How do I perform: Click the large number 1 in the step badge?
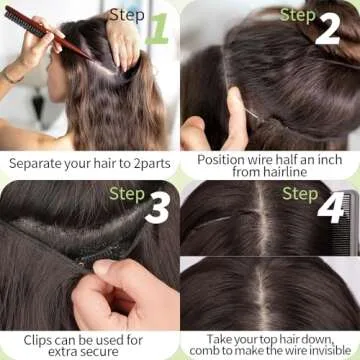[x=157, y=30]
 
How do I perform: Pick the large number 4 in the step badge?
[x=330, y=209]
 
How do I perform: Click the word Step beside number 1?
[x=127, y=14]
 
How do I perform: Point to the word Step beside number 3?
[x=127, y=193]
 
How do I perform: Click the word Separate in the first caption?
[x=35, y=160]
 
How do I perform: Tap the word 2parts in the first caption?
[x=145, y=160]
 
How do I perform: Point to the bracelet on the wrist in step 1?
[x=12, y=76]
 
